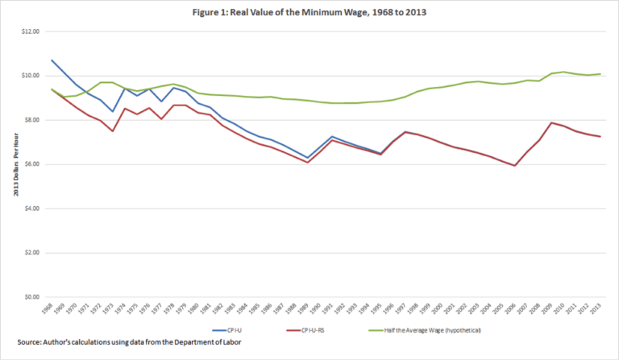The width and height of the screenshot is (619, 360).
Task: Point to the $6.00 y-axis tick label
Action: (x=30, y=164)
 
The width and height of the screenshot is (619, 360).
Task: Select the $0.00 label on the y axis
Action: (x=30, y=297)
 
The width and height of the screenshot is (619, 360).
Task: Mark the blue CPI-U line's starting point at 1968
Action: (x=52, y=60)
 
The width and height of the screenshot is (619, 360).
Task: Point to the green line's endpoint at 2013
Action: (x=600, y=74)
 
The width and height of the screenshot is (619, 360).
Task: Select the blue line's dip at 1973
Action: (x=113, y=111)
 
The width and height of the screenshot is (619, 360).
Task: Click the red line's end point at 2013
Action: (x=600, y=136)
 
